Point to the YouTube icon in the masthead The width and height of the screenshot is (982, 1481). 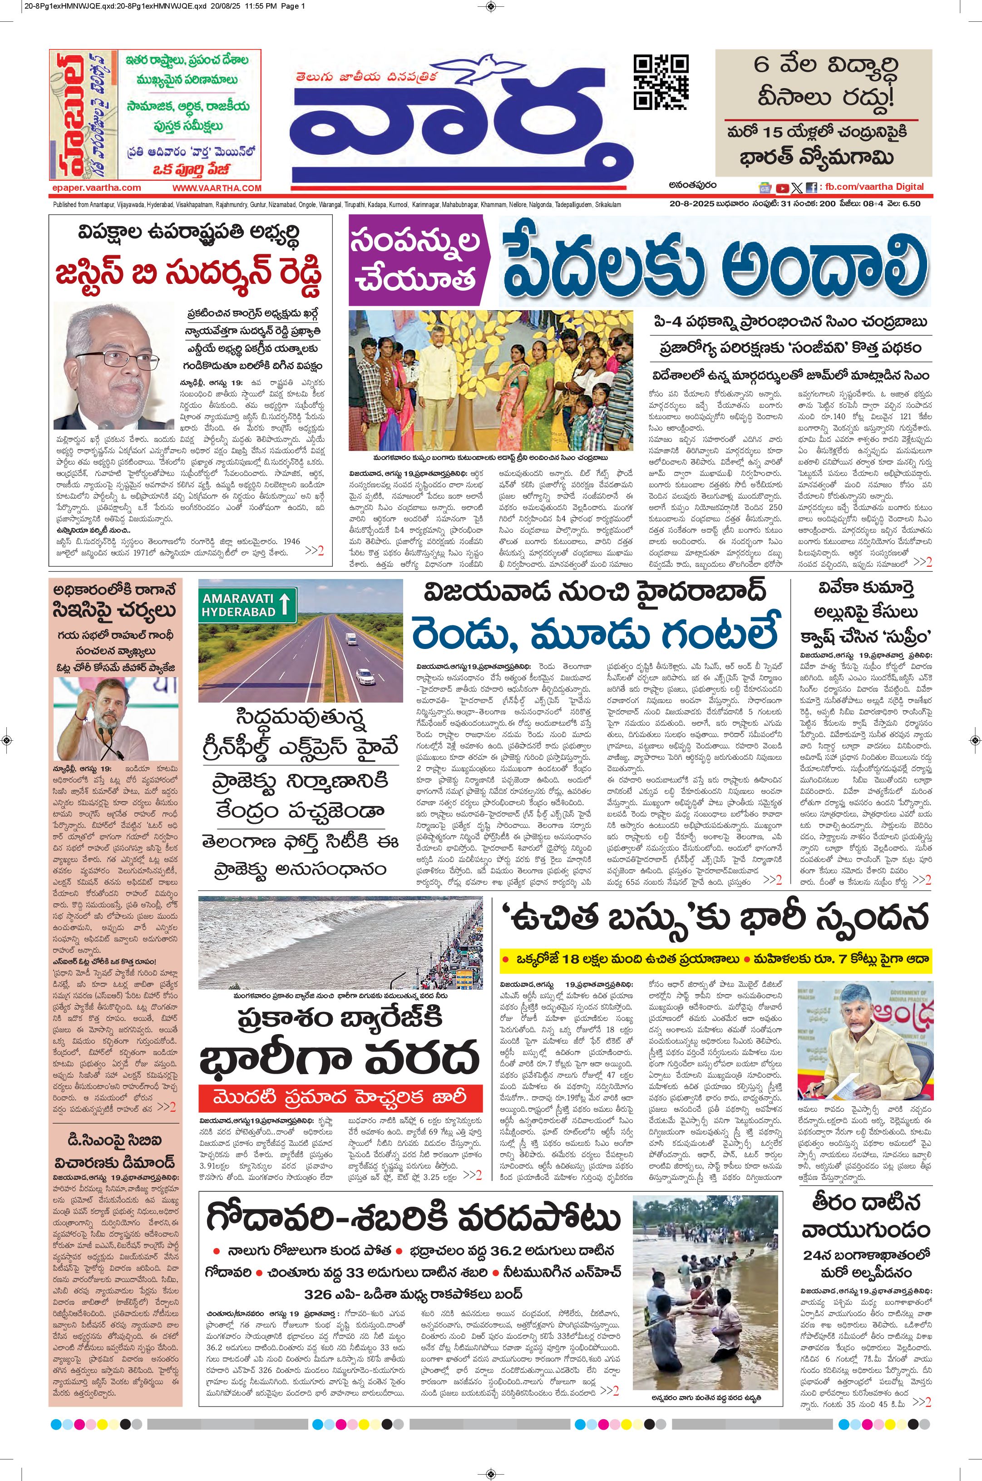click(x=782, y=187)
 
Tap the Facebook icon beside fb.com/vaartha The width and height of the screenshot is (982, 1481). click(x=812, y=187)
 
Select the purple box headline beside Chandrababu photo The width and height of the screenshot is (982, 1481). click(x=416, y=260)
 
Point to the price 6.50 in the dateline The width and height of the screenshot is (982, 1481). click(x=911, y=203)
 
